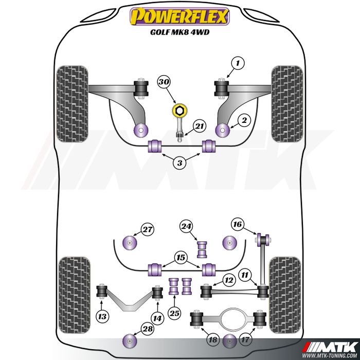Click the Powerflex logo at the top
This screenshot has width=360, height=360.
point(180,16)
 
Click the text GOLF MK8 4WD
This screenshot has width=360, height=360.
point(180,32)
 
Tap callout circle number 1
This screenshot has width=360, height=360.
point(238,63)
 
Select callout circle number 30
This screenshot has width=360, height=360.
point(164,82)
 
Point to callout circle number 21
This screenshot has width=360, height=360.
point(200,126)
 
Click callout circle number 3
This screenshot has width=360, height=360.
point(180,163)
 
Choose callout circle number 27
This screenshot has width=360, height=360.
point(147,229)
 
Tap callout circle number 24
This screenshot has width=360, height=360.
point(186,227)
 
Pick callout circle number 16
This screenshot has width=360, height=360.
point(238,224)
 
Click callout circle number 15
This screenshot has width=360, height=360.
point(181,258)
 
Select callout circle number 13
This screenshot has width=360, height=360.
point(102,317)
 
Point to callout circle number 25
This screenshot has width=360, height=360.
point(174,313)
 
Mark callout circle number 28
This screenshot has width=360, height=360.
point(148,329)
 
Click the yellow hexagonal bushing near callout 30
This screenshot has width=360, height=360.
point(179,111)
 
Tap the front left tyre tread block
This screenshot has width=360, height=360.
point(72,104)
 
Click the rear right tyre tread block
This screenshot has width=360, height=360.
point(285,295)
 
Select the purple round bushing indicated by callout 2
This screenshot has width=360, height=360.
point(223,130)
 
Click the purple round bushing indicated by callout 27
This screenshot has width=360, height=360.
point(130,243)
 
